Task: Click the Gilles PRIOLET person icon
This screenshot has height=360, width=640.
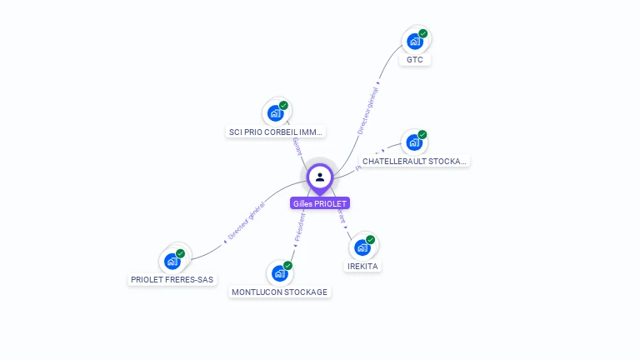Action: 320,177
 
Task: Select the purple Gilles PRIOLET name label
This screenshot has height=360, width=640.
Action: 320,203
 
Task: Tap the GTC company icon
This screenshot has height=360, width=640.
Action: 414,41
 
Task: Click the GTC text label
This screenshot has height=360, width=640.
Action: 415,60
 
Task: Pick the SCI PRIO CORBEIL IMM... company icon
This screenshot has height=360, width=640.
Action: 275,113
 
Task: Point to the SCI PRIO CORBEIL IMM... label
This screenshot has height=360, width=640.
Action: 276,132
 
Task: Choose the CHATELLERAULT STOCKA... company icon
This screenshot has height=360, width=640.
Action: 413,142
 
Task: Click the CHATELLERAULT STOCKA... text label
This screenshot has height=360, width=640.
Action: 415,161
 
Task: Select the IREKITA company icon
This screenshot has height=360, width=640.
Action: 362,247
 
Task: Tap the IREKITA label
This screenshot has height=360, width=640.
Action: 362,266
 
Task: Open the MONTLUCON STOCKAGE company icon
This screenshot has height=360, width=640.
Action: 279,273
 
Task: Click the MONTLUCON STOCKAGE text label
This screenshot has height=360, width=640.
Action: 280,292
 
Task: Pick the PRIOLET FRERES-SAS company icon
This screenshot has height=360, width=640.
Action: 172,261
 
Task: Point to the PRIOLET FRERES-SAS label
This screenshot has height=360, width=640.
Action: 172,280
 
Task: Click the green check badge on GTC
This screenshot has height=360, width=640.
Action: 423,33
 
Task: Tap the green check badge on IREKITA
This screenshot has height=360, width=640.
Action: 371,240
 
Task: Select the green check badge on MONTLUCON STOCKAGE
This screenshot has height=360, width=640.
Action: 288,266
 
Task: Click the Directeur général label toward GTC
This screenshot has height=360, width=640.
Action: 367,109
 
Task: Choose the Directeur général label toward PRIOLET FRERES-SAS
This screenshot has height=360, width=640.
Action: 246,222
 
